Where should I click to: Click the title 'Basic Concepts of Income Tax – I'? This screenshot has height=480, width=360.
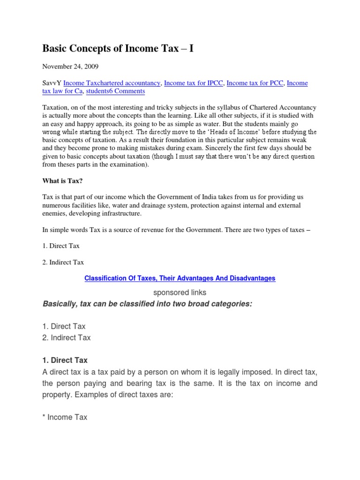tap(118, 48)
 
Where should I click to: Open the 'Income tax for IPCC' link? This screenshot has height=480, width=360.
tap(194, 83)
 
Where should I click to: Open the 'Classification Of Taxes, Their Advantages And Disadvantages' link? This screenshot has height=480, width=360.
tap(180, 278)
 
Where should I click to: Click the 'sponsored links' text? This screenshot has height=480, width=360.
tap(180, 292)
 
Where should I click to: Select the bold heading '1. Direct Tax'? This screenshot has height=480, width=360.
tap(65, 360)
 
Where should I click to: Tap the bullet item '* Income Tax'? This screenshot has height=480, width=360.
tap(65, 417)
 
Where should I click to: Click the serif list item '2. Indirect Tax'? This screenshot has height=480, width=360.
tap(63, 262)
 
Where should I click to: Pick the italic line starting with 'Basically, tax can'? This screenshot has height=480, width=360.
tap(147, 304)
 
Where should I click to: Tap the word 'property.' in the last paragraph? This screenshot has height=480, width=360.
tap(58, 394)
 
